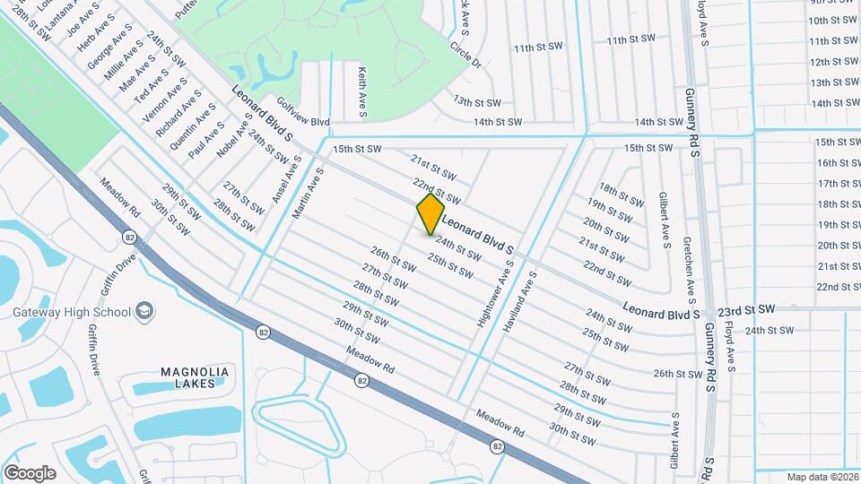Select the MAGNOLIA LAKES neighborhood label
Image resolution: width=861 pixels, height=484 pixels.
[195, 377]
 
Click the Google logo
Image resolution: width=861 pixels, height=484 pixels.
[29, 472]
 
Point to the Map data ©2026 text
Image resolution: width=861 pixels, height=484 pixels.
[821, 477]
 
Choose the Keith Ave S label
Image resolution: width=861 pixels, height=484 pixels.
[361, 91]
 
